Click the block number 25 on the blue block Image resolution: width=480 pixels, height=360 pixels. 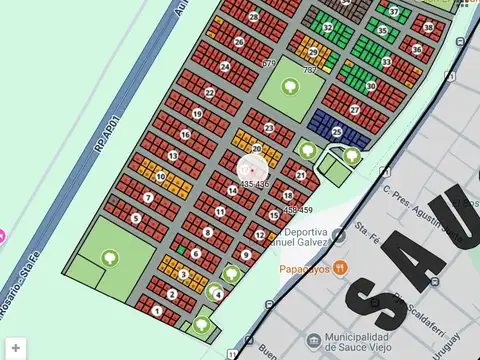337,131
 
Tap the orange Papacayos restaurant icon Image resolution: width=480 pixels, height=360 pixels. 341,267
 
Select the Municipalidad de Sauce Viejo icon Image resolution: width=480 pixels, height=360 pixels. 314,340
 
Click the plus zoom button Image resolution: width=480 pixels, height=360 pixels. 16,348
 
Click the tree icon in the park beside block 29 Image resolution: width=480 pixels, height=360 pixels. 289,87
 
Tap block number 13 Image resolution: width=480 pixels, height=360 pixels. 173,156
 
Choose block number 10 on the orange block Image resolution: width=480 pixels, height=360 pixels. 160,177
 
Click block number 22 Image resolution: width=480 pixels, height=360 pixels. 209,93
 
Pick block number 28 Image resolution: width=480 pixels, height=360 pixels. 255,17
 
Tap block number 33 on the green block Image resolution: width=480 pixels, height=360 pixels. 386,62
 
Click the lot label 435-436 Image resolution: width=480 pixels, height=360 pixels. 254,184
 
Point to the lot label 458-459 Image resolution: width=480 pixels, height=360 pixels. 297,210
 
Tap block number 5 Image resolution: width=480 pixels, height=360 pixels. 135,217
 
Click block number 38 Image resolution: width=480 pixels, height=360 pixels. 428,27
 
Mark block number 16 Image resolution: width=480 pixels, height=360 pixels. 184,133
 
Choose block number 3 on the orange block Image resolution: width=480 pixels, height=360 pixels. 184,274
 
